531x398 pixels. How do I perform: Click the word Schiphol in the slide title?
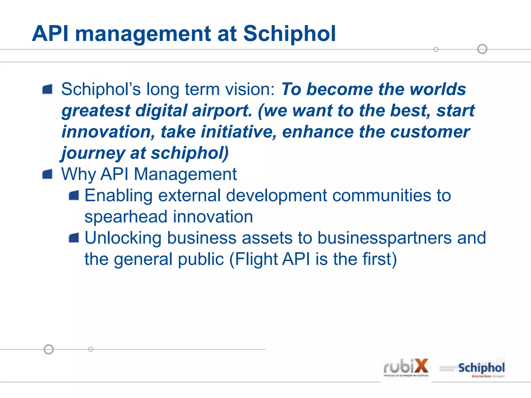pos(289,34)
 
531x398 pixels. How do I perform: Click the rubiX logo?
pos(406,368)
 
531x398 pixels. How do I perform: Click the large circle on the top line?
pos(482,49)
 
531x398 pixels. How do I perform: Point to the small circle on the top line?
pos(436,49)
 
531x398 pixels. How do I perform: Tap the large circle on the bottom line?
pos(49,349)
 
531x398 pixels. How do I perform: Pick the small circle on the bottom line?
pos(90,349)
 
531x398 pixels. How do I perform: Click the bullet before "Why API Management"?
pos(47,174)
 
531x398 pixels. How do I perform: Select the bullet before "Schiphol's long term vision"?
pos(47,89)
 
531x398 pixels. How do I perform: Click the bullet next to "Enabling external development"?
pos(74,195)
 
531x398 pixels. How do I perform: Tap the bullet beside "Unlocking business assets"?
pos(74,238)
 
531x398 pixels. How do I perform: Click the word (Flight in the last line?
pos(253,259)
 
